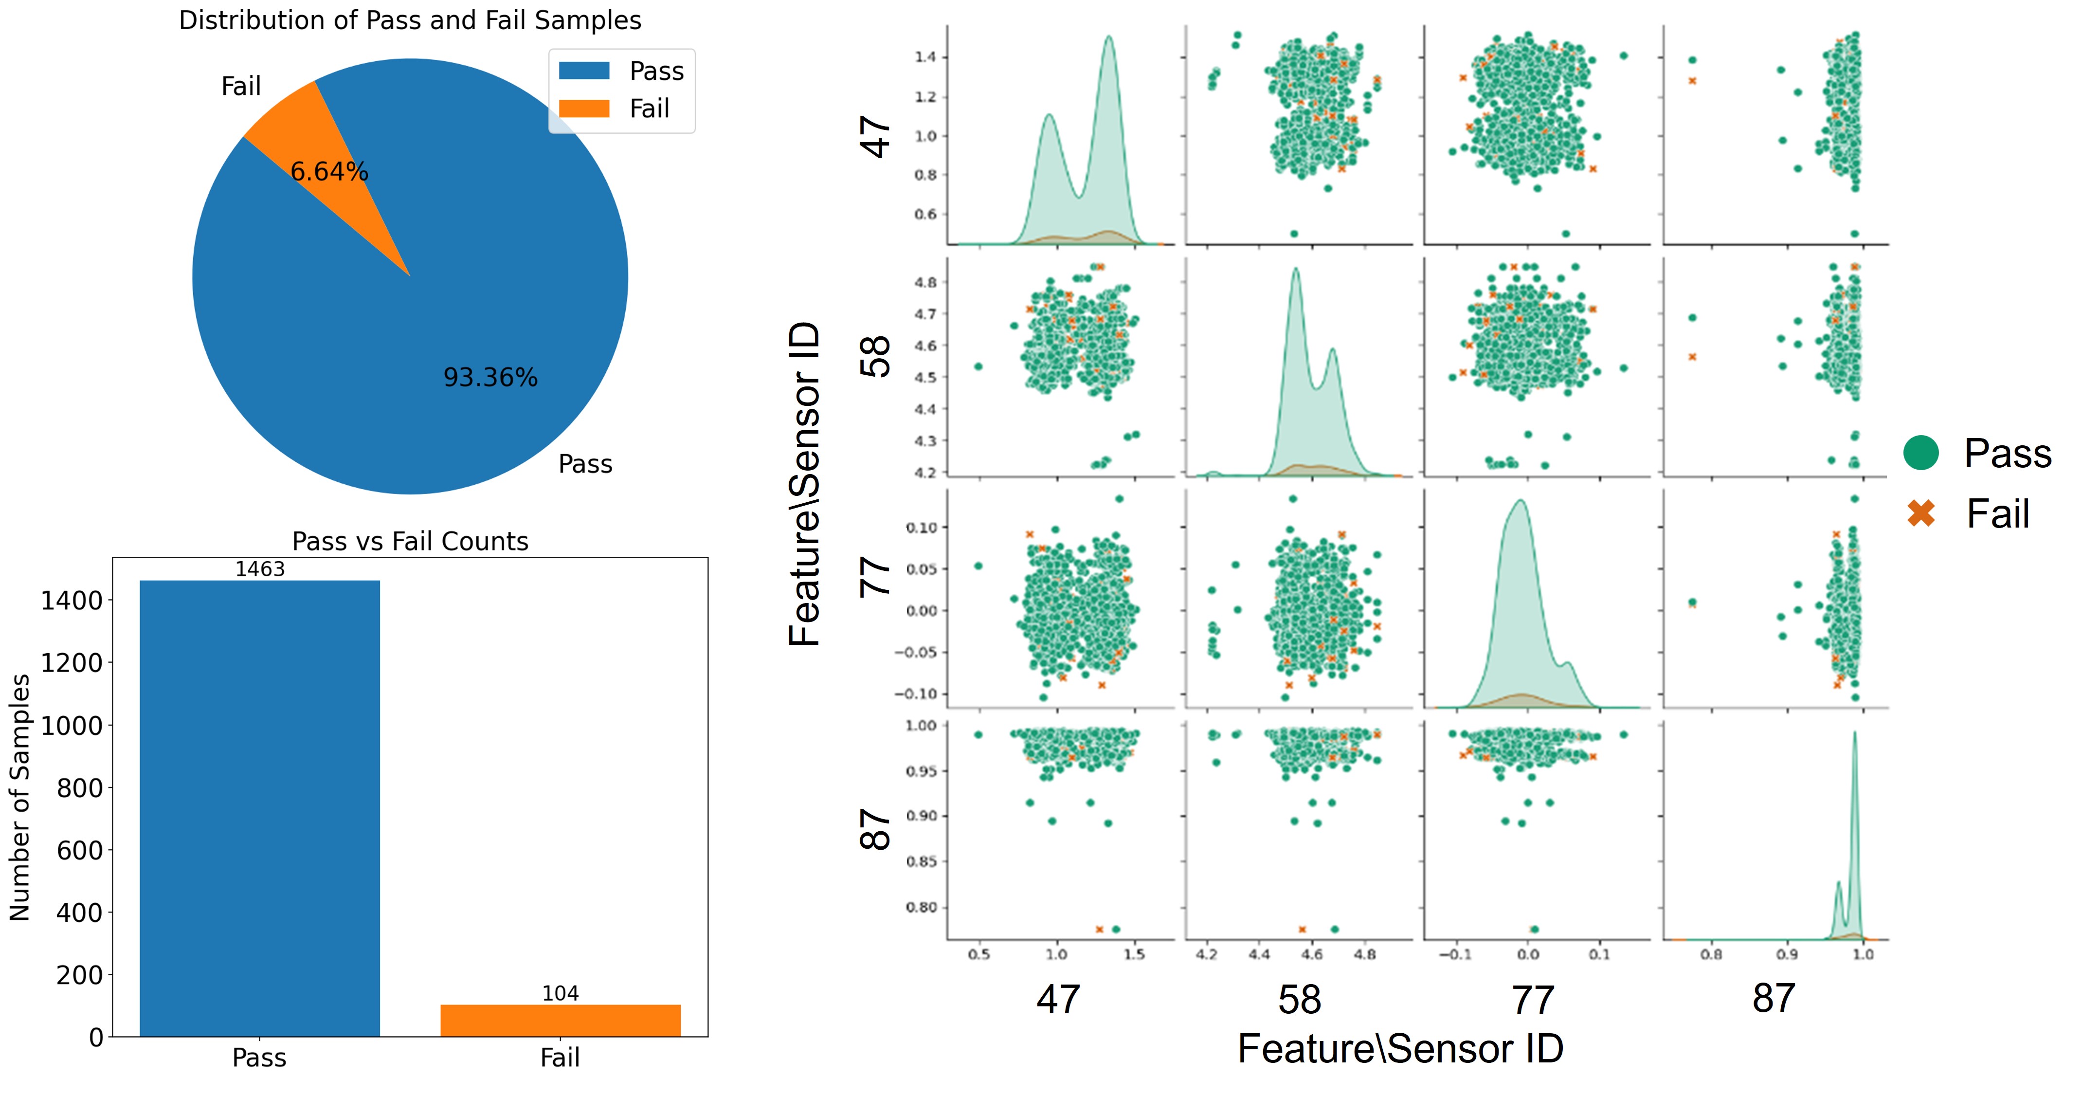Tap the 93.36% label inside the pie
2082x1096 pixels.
tap(490, 378)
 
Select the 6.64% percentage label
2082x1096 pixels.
tap(329, 171)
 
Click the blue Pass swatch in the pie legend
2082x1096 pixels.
tap(583, 71)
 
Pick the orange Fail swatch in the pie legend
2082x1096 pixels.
tap(583, 109)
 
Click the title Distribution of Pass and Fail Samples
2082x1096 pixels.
tap(410, 20)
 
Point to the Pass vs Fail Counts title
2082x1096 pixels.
tap(410, 541)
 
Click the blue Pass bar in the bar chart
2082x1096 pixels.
tap(259, 808)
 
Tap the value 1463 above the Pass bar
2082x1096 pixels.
tap(259, 569)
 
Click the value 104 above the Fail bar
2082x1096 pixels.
tap(560, 993)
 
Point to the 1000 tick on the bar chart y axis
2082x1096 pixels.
tap(72, 726)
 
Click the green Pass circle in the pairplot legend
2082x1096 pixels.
tap(1920, 453)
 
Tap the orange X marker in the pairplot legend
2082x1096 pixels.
tap(1920, 513)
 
